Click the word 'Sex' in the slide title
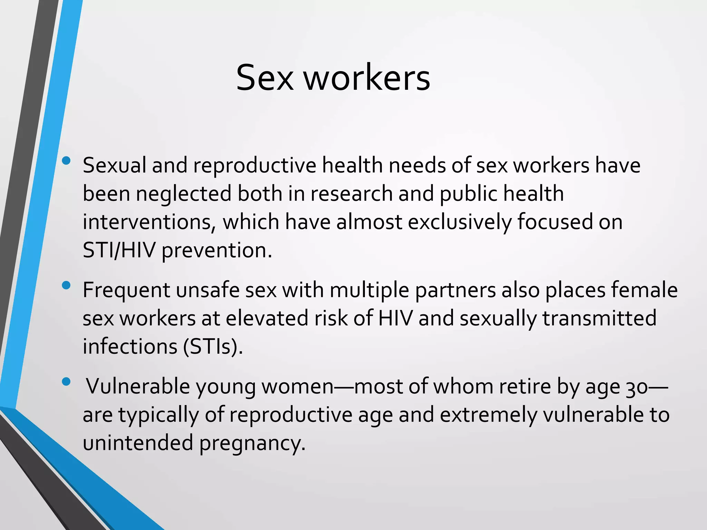coord(265,78)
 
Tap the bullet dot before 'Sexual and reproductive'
coord(66,160)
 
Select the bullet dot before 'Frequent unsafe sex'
coord(66,285)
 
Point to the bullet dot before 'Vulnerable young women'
coord(66,382)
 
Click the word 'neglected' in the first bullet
coord(183,193)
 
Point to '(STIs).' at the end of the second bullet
coord(213,346)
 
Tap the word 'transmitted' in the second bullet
coord(599,318)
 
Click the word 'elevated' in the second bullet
coord(267,318)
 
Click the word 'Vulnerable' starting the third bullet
coord(138,386)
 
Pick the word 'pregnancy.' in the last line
coord(252,443)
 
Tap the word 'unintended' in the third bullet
coord(138,442)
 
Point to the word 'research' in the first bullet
coord(351,193)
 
